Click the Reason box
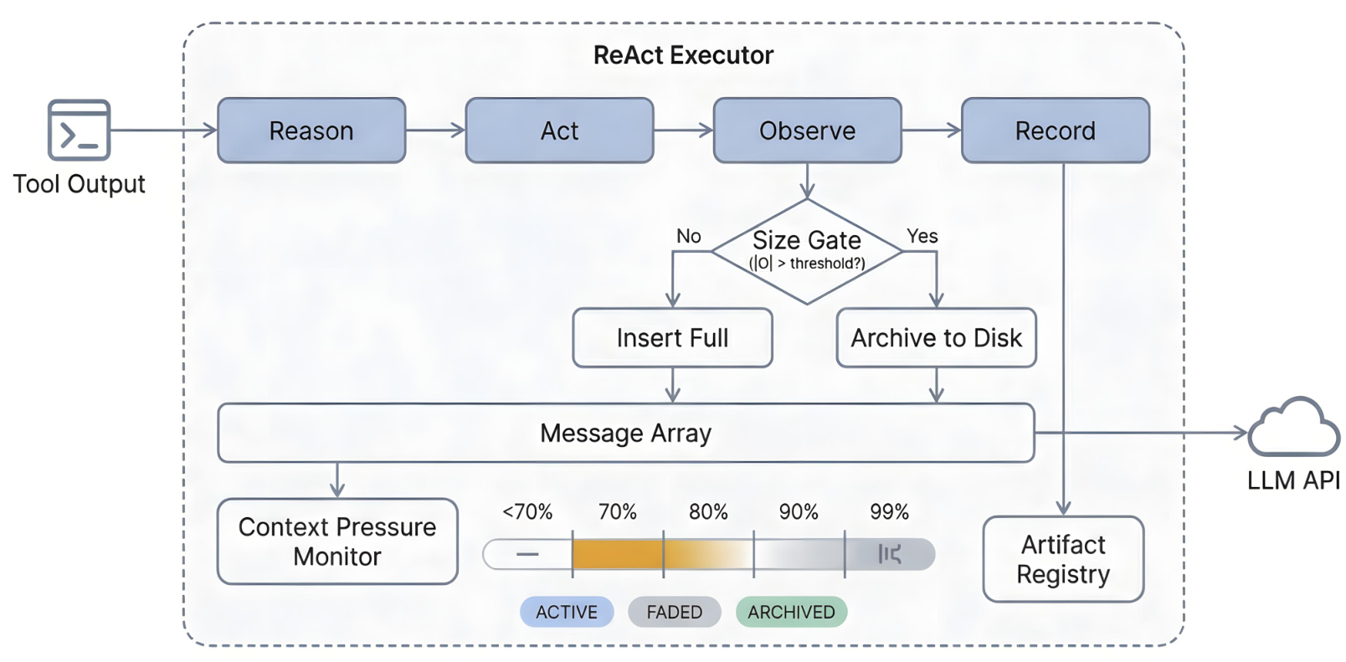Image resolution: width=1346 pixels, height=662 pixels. click(x=311, y=131)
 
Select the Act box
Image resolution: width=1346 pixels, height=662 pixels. click(x=559, y=131)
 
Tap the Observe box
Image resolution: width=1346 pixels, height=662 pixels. click(x=808, y=131)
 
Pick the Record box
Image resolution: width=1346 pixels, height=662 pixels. click(x=1056, y=131)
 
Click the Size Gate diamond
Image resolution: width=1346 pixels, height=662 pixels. click(x=807, y=252)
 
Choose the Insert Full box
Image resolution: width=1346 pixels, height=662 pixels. click(x=672, y=337)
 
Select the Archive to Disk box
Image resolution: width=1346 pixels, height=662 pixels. click(x=936, y=337)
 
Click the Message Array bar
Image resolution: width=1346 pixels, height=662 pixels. click(x=626, y=433)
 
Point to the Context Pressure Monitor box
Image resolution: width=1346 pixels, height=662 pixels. click(x=337, y=541)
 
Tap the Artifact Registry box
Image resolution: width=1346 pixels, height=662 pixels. click(x=1064, y=559)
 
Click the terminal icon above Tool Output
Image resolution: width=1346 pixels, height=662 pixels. click(x=79, y=130)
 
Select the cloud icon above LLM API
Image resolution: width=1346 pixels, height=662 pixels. click(x=1294, y=428)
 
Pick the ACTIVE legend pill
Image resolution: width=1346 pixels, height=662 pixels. click(x=567, y=612)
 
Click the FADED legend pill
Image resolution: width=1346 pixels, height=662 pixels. click(x=674, y=612)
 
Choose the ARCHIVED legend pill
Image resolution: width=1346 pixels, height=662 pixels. click(x=791, y=612)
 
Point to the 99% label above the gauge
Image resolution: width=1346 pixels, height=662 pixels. click(x=889, y=512)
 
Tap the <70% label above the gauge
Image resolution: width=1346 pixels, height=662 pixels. click(x=527, y=512)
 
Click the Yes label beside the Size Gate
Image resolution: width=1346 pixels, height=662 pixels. click(x=922, y=236)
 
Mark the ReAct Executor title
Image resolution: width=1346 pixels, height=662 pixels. click(x=683, y=55)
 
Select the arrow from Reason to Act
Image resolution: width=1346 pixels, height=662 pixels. click(x=435, y=130)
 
